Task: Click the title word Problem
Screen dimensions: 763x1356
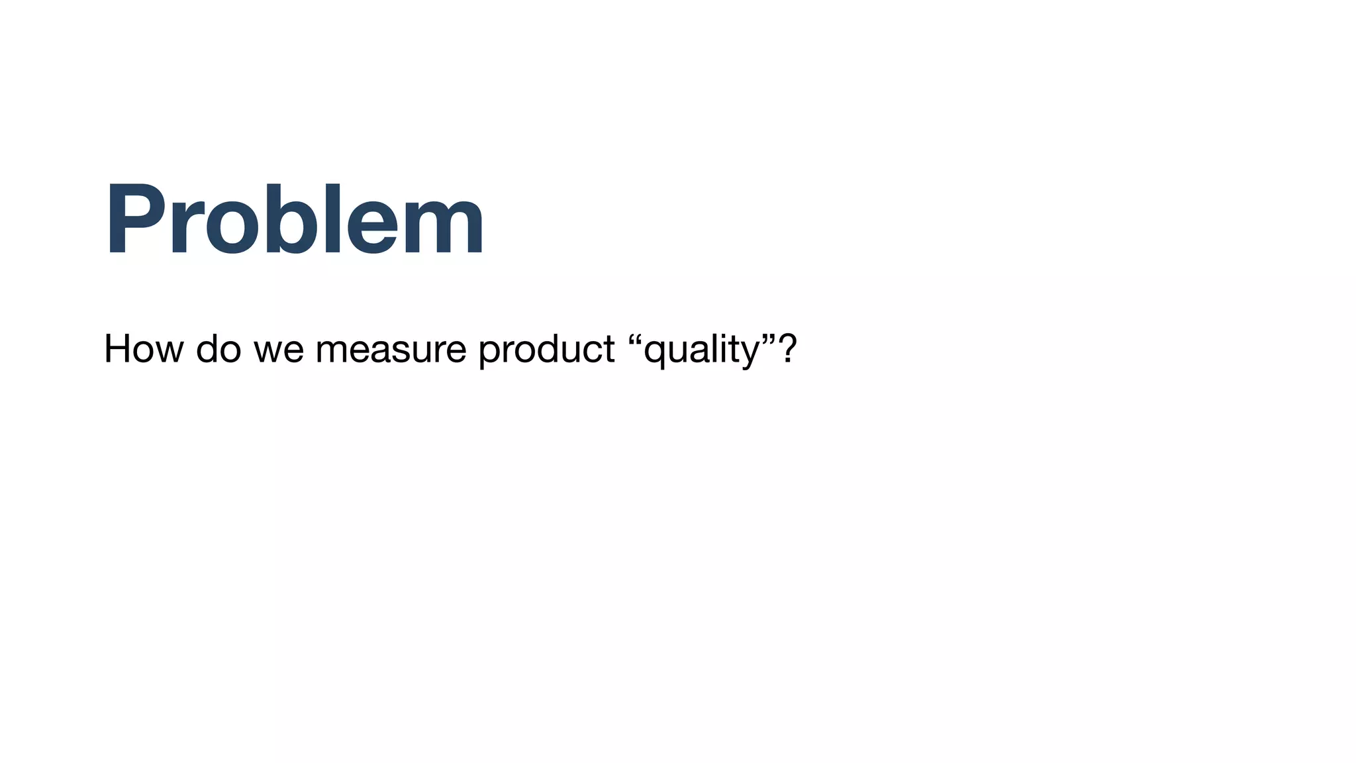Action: pos(295,219)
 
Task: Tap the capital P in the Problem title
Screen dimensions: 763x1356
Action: pos(134,219)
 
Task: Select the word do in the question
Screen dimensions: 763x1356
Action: pos(218,349)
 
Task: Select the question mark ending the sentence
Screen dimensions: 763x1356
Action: pos(787,349)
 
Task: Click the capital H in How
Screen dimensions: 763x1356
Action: pos(119,349)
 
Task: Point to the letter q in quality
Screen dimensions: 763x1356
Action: pos(655,354)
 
